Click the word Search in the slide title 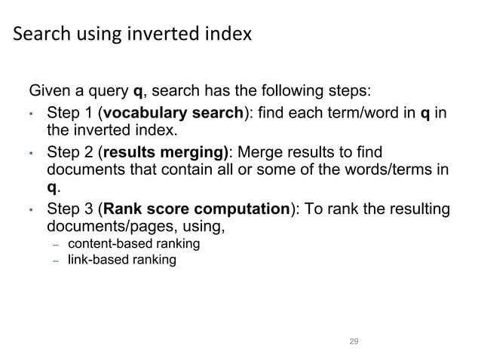coord(40,34)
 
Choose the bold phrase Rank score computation coord(198,209)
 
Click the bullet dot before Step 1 coord(31,115)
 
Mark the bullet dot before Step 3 coord(31,210)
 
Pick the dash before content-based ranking coord(55,245)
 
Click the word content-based coord(105,244)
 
